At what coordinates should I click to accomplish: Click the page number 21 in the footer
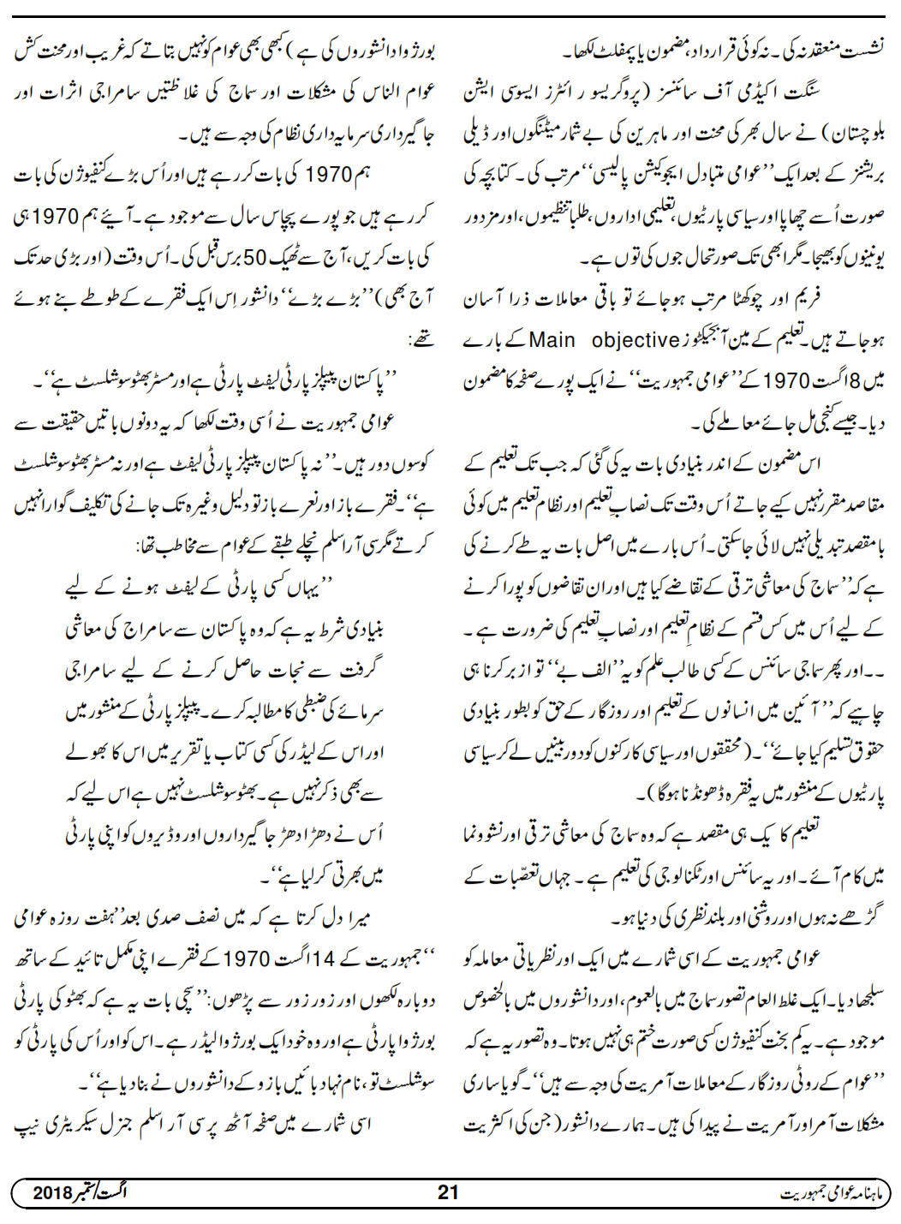448,1192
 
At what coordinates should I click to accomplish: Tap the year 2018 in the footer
54,1192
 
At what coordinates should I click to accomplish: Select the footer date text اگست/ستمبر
110,1192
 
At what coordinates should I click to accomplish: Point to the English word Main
552,340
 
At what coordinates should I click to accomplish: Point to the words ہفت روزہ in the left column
100,917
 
